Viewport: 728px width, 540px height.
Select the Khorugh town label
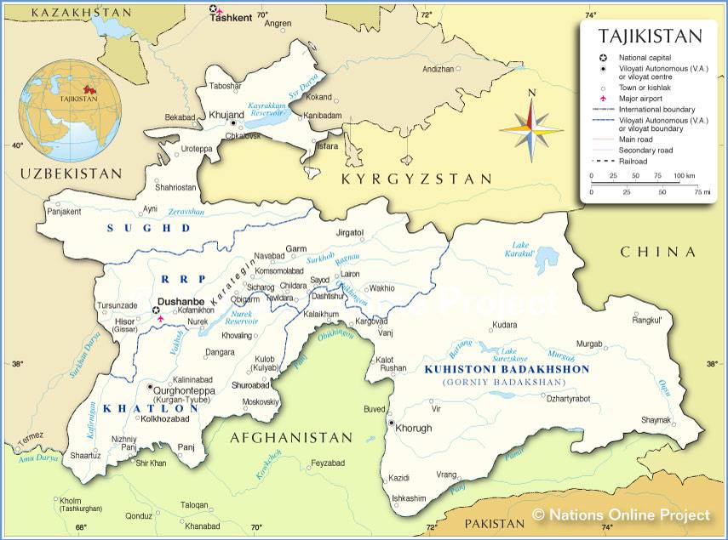(x=415, y=428)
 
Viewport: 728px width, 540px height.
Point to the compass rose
(x=531, y=129)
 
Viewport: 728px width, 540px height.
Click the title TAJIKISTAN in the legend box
(x=650, y=36)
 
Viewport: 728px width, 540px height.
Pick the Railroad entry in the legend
(x=633, y=161)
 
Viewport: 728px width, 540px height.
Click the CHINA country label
(x=658, y=252)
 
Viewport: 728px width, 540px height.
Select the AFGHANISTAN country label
(x=290, y=438)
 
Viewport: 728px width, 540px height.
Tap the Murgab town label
(x=589, y=344)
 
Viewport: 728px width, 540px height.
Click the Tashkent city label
(x=232, y=17)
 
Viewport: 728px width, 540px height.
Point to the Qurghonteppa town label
(x=183, y=390)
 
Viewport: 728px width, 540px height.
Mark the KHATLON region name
(x=151, y=408)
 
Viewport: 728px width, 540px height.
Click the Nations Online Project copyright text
(x=621, y=514)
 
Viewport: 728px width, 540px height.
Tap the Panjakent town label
(x=64, y=211)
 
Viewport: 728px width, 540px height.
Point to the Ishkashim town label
(x=408, y=498)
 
